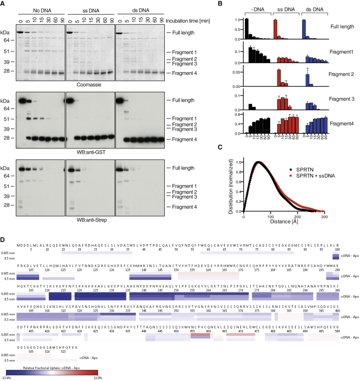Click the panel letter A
[4, 3]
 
